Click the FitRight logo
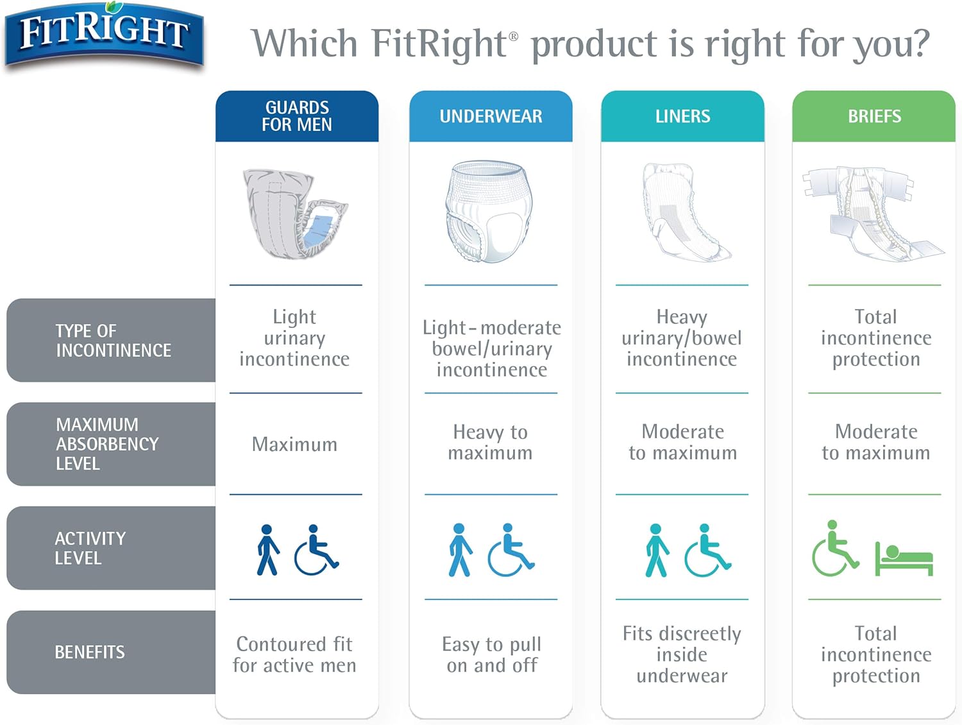click(104, 34)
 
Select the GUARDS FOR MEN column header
click(297, 116)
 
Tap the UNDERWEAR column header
click(491, 116)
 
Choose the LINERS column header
click(682, 116)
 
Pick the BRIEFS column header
click(874, 116)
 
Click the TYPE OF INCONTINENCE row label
click(112, 340)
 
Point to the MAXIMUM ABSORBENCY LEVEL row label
click(107, 444)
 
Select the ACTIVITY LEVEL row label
click(90, 548)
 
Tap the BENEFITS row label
click(90, 652)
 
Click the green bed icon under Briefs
click(904, 559)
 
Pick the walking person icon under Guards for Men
click(267, 550)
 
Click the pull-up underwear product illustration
click(491, 212)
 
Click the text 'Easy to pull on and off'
click(492, 654)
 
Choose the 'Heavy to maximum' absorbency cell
click(491, 442)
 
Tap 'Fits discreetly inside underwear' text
click(682, 654)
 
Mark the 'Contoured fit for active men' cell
click(294, 654)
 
